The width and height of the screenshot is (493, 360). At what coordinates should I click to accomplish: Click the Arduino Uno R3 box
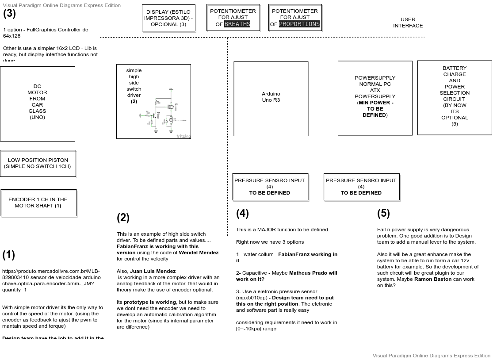(271, 99)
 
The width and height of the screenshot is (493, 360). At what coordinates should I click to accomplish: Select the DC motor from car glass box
(38, 104)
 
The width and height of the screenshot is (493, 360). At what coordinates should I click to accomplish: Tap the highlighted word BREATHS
(237, 24)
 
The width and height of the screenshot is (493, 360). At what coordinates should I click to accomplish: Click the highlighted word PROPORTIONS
(299, 24)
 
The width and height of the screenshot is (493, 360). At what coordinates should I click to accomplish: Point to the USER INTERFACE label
(408, 23)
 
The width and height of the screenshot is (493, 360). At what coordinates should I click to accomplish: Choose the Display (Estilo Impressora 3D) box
(168, 18)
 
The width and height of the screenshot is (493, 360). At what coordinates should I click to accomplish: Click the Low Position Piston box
(38, 164)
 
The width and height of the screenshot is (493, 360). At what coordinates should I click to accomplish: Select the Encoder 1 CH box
(38, 203)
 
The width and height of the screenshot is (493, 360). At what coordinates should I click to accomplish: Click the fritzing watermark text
(183, 136)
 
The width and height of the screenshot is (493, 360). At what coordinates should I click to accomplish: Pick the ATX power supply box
(375, 98)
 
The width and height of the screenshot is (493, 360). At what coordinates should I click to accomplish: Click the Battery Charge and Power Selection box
(455, 97)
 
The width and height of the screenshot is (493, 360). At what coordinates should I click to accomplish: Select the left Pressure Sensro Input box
(270, 187)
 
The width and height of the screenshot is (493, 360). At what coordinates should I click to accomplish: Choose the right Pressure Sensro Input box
(361, 187)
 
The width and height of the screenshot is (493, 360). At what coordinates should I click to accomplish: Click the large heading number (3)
(9, 13)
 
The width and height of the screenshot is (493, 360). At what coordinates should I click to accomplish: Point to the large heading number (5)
(383, 213)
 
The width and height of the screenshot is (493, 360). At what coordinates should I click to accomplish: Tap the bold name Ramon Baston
(433, 279)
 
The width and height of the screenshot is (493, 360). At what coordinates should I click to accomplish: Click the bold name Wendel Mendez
(199, 253)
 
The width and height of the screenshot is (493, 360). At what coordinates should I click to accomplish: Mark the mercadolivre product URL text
(52, 277)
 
